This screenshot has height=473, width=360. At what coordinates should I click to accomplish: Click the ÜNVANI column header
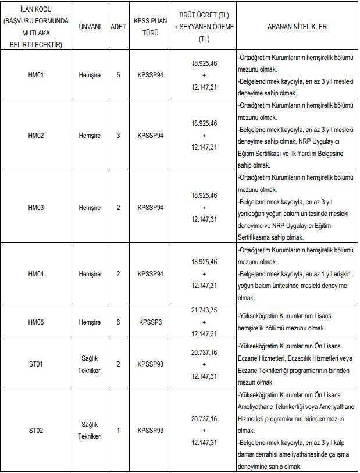click(90, 27)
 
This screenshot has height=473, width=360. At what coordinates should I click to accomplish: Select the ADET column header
click(119, 27)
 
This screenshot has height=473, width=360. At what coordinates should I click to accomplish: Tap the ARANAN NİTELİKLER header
click(297, 27)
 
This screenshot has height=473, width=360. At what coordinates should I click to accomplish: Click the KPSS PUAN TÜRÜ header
click(151, 27)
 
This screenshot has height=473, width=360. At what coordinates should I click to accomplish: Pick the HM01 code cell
click(36, 75)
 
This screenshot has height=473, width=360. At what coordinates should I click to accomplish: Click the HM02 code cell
click(36, 136)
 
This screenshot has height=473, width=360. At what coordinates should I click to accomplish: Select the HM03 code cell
click(36, 208)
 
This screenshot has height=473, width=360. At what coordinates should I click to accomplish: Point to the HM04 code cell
click(36, 274)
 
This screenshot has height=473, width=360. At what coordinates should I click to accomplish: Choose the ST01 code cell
click(36, 364)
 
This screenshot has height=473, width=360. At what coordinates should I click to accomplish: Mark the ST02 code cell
click(36, 431)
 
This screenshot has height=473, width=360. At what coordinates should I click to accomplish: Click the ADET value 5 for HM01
click(119, 75)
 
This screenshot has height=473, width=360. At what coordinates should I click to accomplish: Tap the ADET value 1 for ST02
click(119, 431)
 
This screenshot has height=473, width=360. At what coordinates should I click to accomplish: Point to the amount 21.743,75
click(204, 311)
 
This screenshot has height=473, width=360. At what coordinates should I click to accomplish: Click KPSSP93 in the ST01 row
click(151, 364)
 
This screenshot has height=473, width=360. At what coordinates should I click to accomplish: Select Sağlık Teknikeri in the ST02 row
click(90, 431)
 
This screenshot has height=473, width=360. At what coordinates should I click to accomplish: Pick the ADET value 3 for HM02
click(119, 136)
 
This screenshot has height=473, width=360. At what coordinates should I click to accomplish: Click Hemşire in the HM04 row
click(90, 274)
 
